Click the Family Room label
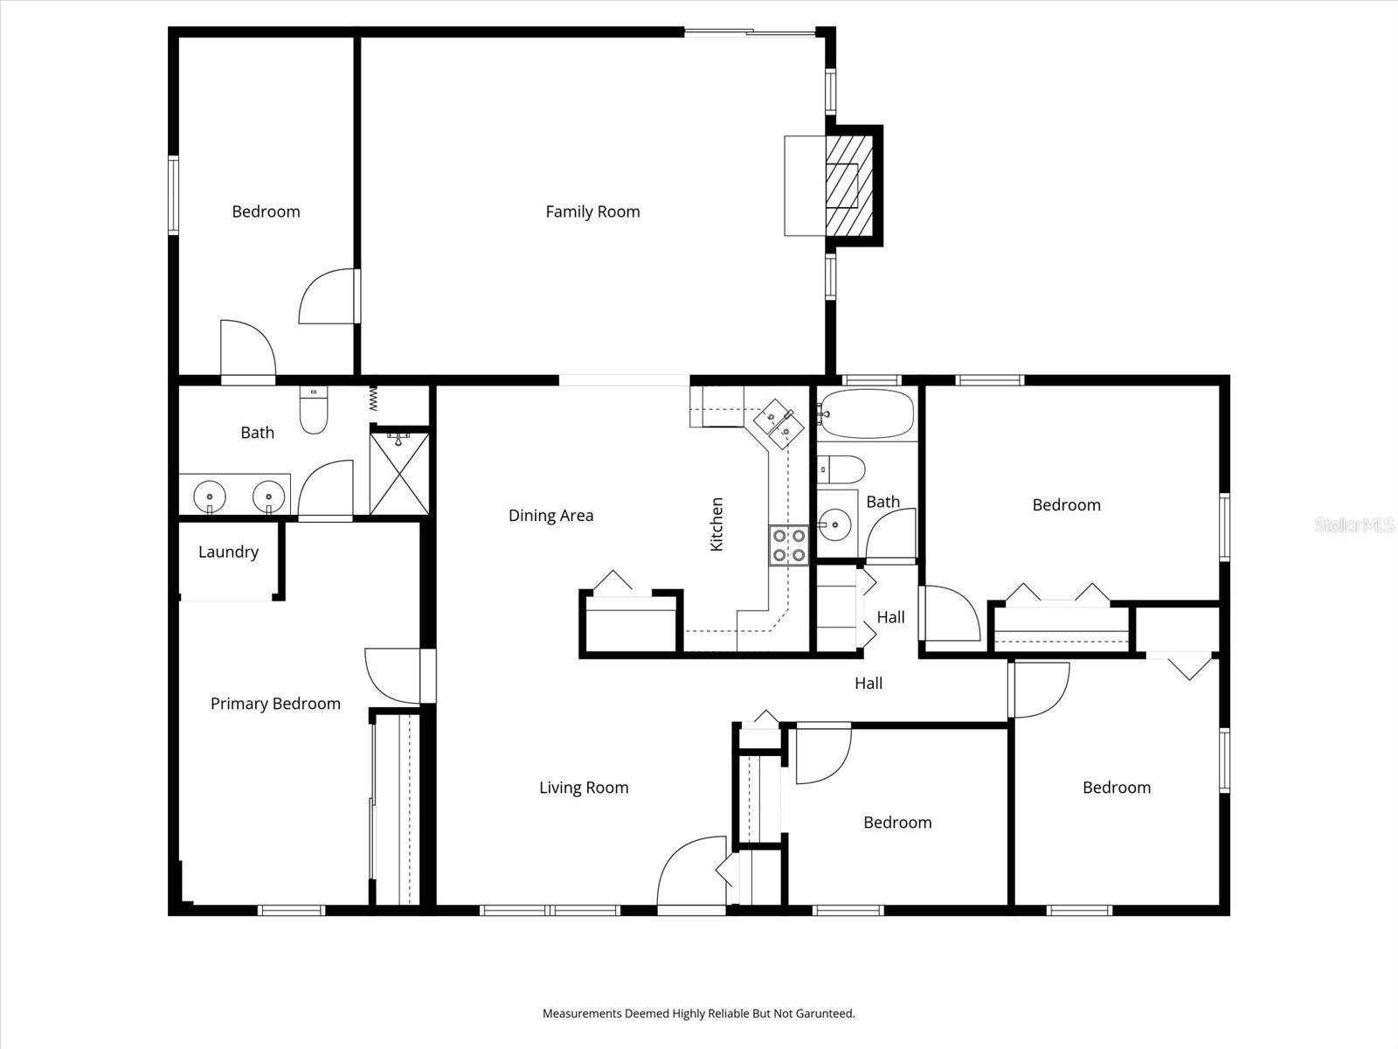click(592, 212)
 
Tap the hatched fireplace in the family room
click(849, 184)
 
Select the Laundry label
click(228, 552)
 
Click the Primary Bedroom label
click(275, 704)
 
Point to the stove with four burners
click(788, 545)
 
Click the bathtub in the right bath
click(866, 413)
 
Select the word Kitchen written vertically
click(716, 524)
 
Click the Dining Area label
click(550, 516)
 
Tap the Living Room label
click(584, 788)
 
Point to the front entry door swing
click(690, 871)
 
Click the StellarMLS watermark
click(1354, 525)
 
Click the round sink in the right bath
click(835, 525)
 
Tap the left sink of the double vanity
click(210, 497)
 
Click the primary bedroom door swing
click(392, 676)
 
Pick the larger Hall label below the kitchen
click(868, 684)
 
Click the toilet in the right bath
click(841, 469)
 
